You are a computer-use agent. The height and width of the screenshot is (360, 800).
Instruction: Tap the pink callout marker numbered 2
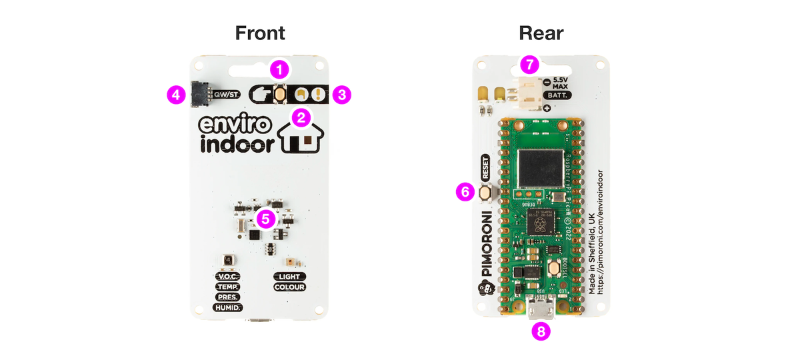click(x=301, y=119)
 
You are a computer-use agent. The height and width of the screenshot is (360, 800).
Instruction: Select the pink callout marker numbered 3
click(x=342, y=95)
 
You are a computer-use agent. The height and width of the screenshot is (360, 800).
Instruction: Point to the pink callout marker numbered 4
click(x=175, y=95)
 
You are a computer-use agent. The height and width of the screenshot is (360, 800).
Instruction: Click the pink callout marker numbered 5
click(x=265, y=218)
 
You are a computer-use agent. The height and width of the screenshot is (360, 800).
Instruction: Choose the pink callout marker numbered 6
click(x=465, y=191)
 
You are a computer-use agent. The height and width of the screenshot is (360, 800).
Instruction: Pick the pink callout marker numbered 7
click(x=530, y=65)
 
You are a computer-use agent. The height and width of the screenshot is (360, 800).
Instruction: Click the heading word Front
click(x=260, y=33)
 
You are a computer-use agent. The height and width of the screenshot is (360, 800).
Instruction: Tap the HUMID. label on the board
click(x=227, y=308)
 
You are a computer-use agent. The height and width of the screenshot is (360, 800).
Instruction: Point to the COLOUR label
click(x=289, y=287)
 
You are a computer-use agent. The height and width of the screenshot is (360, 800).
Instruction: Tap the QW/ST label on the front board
click(x=226, y=95)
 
